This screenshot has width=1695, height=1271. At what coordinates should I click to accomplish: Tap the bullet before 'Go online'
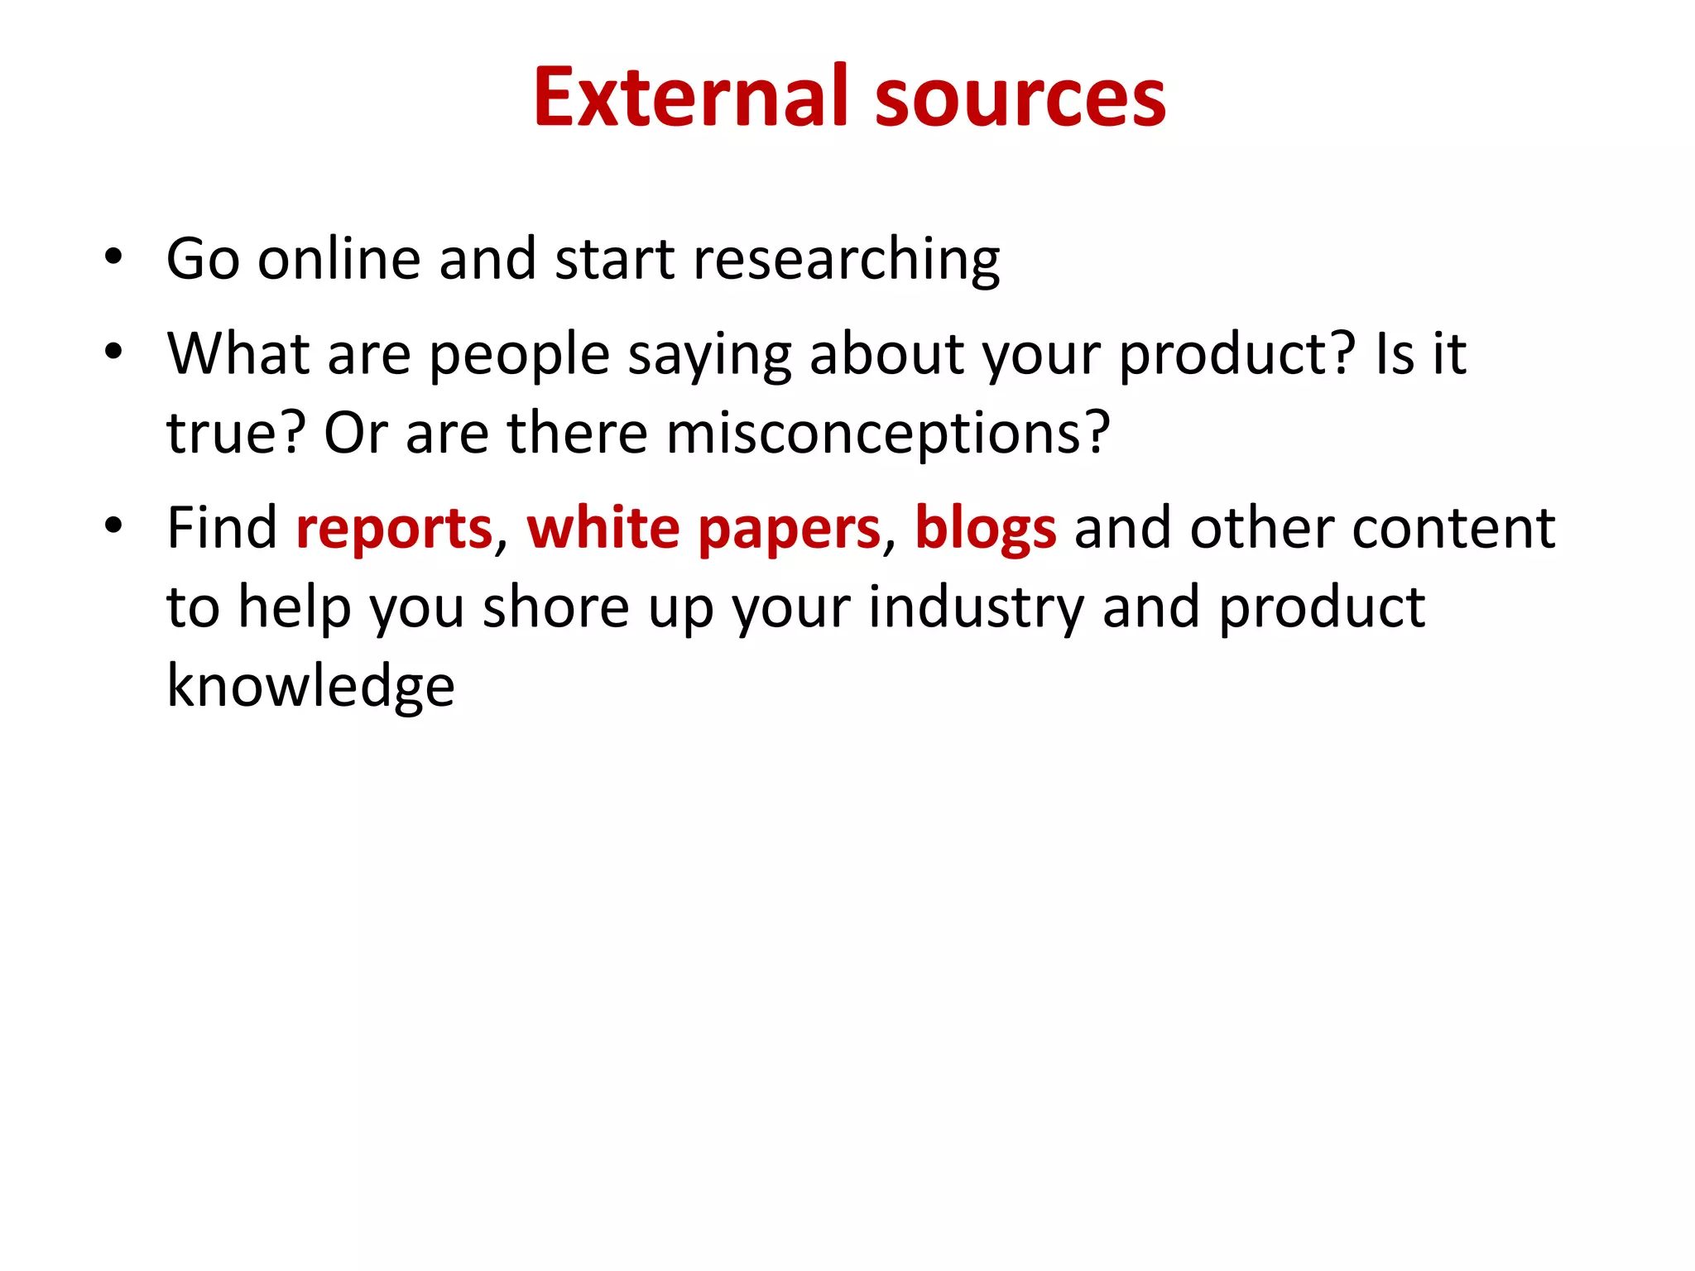[113, 257]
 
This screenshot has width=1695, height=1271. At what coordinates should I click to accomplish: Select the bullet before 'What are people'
[113, 352]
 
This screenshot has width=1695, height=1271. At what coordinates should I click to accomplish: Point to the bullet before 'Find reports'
[113, 526]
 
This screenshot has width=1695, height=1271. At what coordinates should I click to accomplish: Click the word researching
[846, 260]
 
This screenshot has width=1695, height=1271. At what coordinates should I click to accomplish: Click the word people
[519, 355]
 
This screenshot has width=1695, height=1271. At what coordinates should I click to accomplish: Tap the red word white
[603, 528]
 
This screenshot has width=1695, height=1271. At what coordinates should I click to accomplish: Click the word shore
[556, 607]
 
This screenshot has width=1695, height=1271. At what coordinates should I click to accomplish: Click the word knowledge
[310, 687]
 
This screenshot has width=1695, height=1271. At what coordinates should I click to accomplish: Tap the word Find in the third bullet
[222, 528]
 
